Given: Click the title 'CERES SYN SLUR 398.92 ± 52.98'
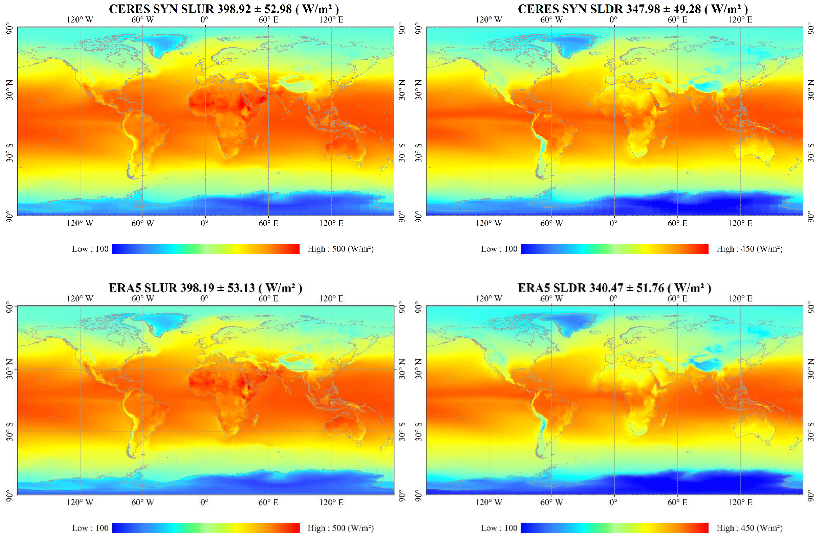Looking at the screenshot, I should pos(224,9).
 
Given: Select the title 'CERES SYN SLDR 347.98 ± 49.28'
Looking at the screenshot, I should pos(633,9).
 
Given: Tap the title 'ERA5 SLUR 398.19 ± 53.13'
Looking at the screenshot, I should pos(205,288).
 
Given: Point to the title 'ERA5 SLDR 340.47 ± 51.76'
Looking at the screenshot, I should pos(614,288).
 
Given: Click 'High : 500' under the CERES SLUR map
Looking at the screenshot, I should pos(340,249).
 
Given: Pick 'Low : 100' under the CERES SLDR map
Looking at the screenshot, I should pos(499,249).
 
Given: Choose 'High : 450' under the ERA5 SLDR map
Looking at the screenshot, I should pos(749,528).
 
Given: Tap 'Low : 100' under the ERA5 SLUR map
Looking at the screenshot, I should pos(90,528).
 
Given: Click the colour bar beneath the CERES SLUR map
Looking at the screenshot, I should pos(206,249).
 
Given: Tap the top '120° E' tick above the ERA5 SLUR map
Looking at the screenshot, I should pos(331,298).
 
